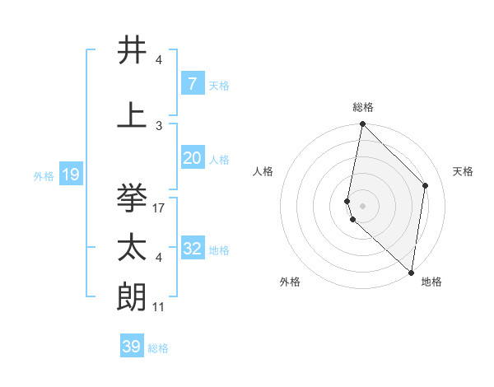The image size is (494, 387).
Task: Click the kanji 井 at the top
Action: (133, 50)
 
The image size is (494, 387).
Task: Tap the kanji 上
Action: (133, 114)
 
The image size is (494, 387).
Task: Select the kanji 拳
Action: (133, 198)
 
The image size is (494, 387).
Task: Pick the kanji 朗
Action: (133, 296)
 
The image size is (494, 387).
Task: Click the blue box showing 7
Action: (192, 84)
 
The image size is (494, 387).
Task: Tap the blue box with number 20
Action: (192, 158)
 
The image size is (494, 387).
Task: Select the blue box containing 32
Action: (192, 249)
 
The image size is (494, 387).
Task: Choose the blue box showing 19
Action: (70, 175)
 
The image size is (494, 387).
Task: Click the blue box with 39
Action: (131, 347)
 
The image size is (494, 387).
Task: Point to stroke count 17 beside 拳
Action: (160, 208)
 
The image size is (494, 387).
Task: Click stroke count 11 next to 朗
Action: (160, 306)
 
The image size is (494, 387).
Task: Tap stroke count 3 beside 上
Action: (159, 125)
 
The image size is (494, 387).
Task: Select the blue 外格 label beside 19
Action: (43, 175)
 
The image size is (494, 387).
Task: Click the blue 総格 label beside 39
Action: (158, 348)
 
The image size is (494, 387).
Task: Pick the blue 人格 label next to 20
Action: (219, 160)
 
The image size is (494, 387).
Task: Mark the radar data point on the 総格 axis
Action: (362, 124)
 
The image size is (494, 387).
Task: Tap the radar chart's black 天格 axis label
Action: (464, 171)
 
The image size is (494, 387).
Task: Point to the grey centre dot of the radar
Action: (362, 205)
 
